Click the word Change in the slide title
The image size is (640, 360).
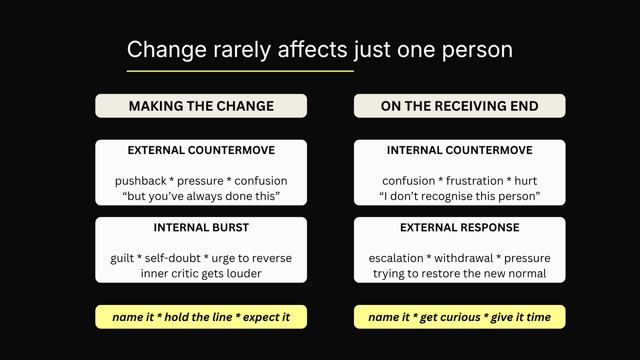pyautogui.click(x=167, y=50)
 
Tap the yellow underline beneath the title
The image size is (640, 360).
pyautogui.click(x=240, y=71)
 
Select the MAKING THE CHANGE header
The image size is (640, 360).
pyautogui.click(x=201, y=106)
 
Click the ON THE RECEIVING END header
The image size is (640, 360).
pyautogui.click(x=460, y=106)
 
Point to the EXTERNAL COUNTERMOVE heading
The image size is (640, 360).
pyautogui.click(x=201, y=150)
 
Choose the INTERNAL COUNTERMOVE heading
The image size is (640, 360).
pyautogui.click(x=460, y=150)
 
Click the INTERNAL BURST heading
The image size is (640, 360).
pyautogui.click(x=201, y=228)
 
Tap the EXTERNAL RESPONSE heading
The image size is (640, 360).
pyautogui.click(x=460, y=228)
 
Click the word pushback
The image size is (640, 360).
pyautogui.click(x=141, y=181)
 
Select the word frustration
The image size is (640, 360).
pyautogui.click(x=475, y=181)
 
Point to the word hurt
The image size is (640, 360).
pyautogui.click(x=526, y=181)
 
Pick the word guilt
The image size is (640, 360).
pyautogui.click(x=122, y=259)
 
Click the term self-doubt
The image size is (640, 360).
pyautogui.click(x=173, y=258)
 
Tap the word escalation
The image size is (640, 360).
pyautogui.click(x=396, y=258)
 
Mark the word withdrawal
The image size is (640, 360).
pyautogui.click(x=464, y=258)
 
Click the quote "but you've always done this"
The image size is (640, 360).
pyautogui.click(x=201, y=196)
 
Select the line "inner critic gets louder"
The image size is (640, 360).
pyautogui.click(x=201, y=274)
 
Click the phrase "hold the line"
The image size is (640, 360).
pyautogui.click(x=198, y=317)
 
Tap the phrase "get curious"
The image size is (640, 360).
pyautogui.click(x=450, y=317)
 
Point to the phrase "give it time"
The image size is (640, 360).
pyautogui.click(x=521, y=317)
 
